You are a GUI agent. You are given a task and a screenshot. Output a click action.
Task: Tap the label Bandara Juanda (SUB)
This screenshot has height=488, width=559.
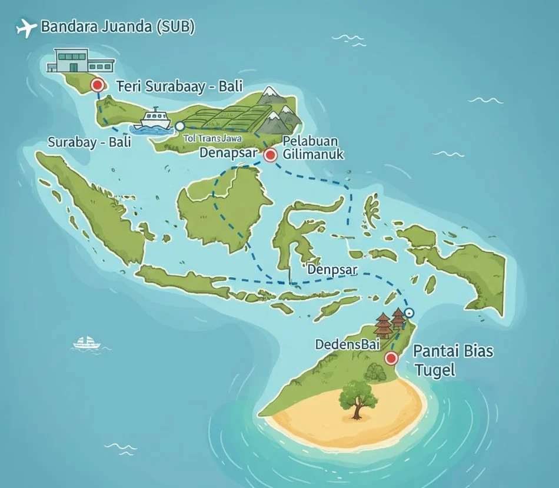tap(118, 27)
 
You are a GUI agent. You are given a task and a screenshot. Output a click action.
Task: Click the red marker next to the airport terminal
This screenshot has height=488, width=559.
tap(98, 85)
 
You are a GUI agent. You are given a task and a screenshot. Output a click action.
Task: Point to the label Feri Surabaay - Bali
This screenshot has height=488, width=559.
tap(180, 86)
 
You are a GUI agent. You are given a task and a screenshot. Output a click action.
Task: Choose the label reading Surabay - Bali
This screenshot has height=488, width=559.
tap(89, 142)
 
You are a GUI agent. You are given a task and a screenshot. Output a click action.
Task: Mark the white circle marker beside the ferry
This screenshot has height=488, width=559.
tap(180, 126)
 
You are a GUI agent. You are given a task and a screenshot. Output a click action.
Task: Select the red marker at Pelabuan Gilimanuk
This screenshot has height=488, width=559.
tap(270, 155)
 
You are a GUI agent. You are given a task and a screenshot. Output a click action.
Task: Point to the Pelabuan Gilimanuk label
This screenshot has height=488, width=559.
tap(312, 148)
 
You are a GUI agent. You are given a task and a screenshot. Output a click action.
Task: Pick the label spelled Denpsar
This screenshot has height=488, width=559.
tap(334, 269)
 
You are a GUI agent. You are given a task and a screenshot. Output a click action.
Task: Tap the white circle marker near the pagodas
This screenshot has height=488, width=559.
tap(410, 313)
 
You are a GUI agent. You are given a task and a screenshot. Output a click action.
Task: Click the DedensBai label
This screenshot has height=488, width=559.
tap(347, 344)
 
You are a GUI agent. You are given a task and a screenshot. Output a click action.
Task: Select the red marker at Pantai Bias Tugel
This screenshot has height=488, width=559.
tap(390, 358)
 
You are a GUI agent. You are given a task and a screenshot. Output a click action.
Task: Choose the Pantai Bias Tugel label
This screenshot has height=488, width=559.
tap(453, 361)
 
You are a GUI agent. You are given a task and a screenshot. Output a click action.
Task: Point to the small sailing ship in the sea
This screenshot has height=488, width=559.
tap(87, 343)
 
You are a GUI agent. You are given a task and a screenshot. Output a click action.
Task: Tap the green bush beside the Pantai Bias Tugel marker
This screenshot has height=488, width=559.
tap(375, 371)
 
